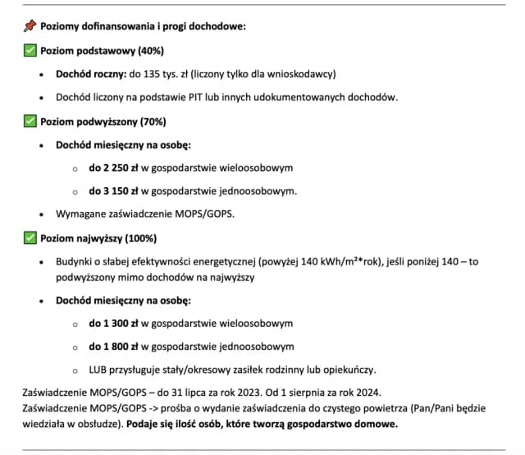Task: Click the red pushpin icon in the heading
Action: point(30,26)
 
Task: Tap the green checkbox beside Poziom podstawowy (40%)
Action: point(30,50)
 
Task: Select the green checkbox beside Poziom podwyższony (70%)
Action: point(30,122)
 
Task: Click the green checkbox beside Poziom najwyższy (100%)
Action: point(30,239)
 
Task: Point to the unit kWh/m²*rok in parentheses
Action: point(349,263)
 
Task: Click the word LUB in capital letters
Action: point(98,370)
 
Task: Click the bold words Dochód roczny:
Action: point(91,74)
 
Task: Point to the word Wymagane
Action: point(82,214)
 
